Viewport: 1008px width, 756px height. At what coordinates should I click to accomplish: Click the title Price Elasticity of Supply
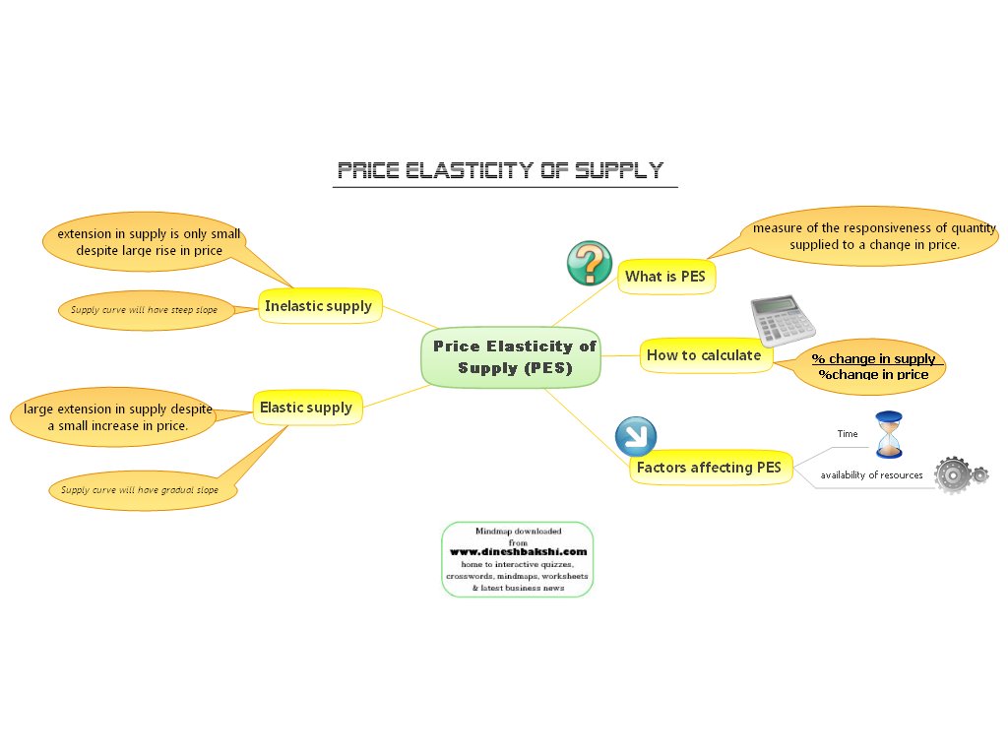coord(500,170)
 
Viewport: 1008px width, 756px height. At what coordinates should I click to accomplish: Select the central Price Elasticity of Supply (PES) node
coord(513,357)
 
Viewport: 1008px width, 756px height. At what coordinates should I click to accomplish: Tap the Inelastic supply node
coord(318,306)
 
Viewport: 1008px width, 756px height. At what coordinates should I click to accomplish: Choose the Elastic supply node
coord(306,408)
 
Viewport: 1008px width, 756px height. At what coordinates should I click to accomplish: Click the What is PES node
coord(665,277)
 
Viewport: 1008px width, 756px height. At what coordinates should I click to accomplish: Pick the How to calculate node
coord(704,355)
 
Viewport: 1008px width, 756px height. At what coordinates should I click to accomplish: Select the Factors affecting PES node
coord(709,468)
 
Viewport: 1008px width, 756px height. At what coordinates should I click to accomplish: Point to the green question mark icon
coord(590,264)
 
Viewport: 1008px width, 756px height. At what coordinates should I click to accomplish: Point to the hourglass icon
coord(889,434)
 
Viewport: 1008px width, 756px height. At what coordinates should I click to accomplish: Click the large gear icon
coord(952,474)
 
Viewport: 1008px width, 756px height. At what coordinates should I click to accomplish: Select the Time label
coord(848,433)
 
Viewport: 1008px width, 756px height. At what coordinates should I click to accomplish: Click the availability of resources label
coord(872,475)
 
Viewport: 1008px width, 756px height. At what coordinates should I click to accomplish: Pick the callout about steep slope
coord(144,309)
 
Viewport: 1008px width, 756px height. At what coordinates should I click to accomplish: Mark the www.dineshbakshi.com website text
coord(519,552)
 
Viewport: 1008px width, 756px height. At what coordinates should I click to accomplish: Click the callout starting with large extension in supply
coord(118,416)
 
